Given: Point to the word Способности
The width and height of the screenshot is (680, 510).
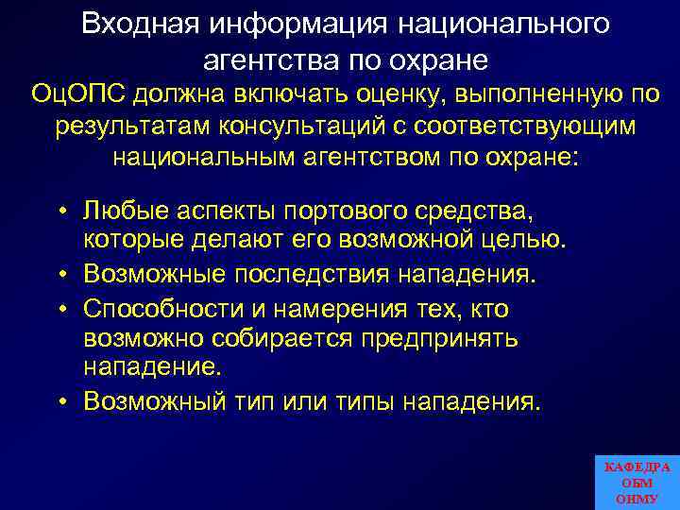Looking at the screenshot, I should tap(161, 308).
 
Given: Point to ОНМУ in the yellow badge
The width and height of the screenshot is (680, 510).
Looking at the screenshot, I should tap(637, 499).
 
